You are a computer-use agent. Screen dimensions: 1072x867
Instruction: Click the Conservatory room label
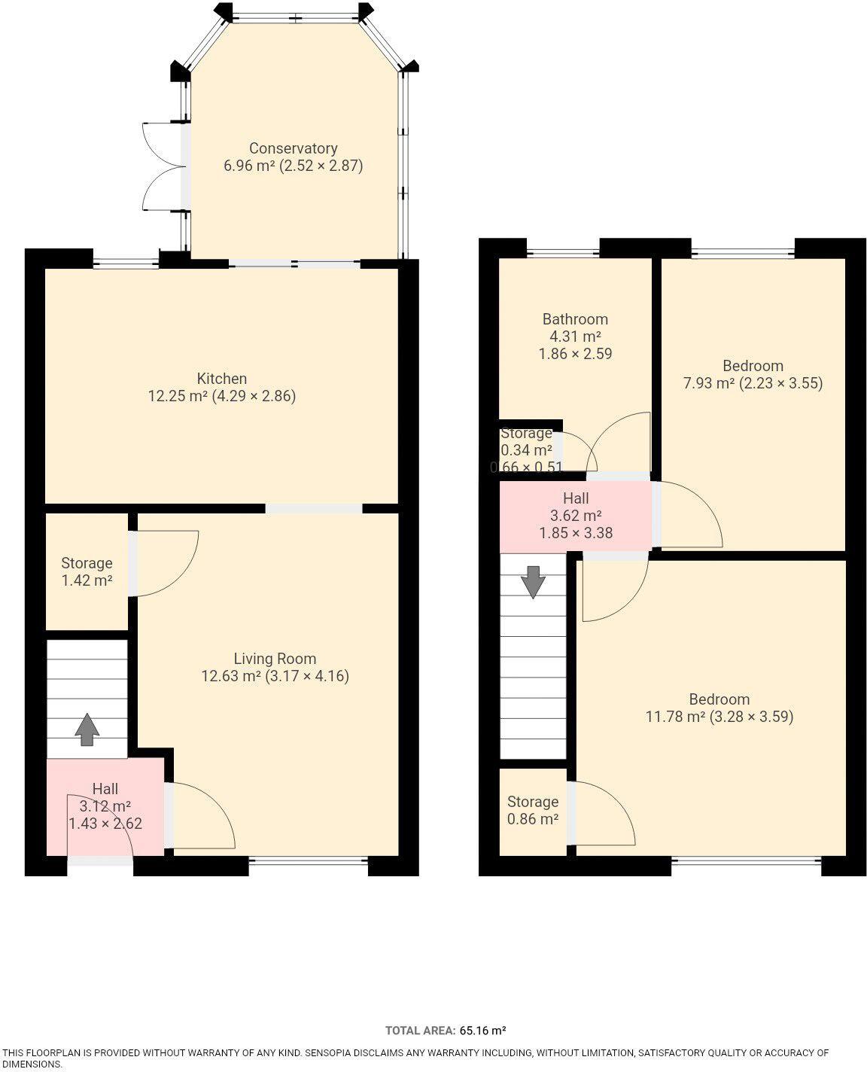click(293, 148)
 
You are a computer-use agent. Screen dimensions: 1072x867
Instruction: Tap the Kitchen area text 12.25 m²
click(178, 396)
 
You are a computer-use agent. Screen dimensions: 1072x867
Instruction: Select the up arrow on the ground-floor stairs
click(87, 729)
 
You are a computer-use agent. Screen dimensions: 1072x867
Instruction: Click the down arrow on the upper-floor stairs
click(533, 582)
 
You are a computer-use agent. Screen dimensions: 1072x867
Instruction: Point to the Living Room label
click(275, 659)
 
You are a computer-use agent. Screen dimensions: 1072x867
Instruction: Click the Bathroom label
click(575, 319)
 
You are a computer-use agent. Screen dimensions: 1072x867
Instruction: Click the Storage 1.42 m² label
click(87, 571)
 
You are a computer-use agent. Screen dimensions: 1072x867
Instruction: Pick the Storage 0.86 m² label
click(533, 810)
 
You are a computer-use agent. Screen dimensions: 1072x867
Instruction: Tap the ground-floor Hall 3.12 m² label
click(105, 806)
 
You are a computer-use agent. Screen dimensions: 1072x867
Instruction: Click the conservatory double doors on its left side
click(161, 165)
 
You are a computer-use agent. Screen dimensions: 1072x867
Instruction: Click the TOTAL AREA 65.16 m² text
click(446, 1031)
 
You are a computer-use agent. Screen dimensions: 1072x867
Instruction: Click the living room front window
click(308, 866)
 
